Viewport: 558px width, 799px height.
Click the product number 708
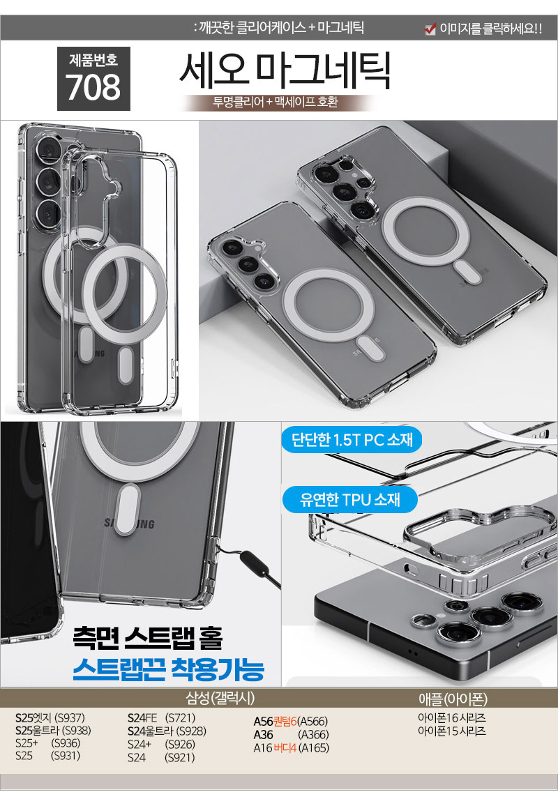click(93, 88)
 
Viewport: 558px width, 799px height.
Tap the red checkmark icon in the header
click(430, 29)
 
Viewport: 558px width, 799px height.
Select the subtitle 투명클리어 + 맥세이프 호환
click(276, 102)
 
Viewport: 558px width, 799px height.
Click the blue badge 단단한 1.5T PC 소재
click(352, 439)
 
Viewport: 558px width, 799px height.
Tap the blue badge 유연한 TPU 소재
click(349, 499)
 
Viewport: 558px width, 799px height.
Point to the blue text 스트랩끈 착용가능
click(169, 669)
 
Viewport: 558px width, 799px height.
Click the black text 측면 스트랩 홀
click(148, 637)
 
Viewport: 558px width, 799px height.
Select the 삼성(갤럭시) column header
click(220, 698)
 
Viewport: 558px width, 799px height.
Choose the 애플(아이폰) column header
click(453, 698)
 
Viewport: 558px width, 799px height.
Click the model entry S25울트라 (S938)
click(53, 731)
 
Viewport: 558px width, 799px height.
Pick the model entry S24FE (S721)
click(162, 718)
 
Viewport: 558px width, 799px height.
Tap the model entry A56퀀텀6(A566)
click(290, 721)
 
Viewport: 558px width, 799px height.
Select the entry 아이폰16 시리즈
click(451, 718)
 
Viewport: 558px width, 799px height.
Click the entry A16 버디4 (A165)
click(292, 747)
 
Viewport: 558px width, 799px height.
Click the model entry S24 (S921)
click(161, 757)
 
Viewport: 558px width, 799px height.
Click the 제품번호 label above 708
click(93, 60)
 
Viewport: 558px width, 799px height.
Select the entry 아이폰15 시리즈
click(451, 731)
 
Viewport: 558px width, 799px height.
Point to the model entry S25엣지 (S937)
click(50, 718)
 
